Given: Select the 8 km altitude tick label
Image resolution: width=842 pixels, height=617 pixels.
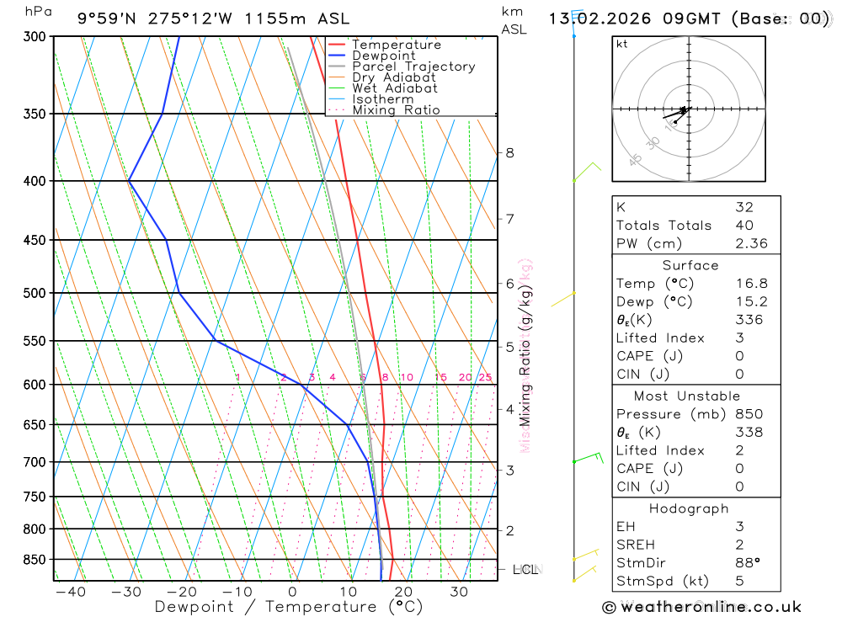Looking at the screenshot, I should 509,152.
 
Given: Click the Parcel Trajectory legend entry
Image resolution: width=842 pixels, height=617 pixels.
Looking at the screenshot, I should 413,66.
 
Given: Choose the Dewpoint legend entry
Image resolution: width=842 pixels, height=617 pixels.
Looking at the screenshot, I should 384,56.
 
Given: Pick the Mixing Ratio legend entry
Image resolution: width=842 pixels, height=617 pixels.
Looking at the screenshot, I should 396,110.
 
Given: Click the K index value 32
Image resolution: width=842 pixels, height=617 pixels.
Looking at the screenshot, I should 743,207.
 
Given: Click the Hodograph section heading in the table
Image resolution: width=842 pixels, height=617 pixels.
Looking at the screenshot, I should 689,508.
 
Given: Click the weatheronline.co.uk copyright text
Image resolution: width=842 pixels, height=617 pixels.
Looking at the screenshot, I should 701,607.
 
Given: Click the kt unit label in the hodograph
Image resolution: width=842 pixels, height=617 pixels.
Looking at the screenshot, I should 621,44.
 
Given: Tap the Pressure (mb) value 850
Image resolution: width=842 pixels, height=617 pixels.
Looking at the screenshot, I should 749,414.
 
